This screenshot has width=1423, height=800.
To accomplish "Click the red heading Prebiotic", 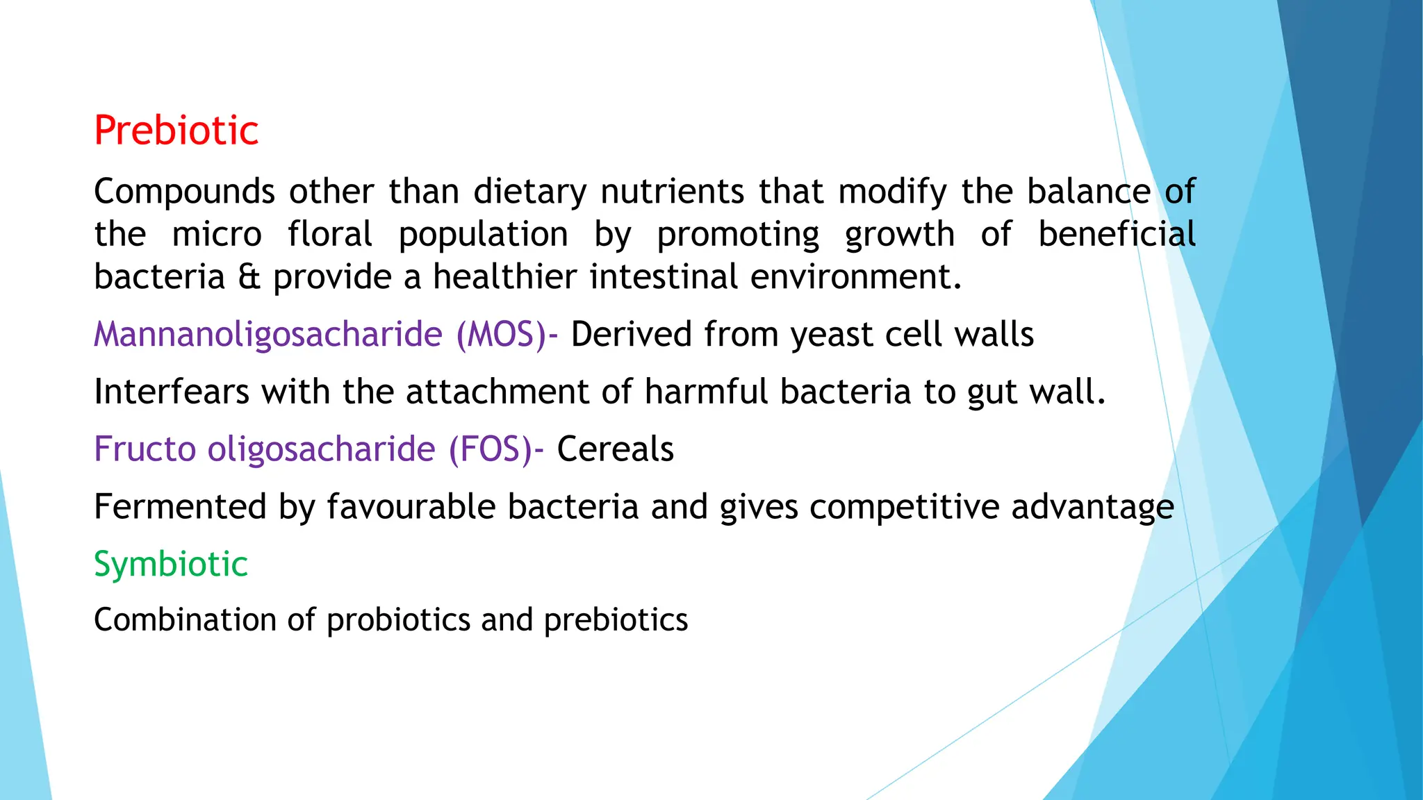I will click(176, 131).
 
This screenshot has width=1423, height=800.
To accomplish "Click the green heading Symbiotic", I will click(171, 564).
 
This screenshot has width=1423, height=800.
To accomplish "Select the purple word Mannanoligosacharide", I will click(268, 335).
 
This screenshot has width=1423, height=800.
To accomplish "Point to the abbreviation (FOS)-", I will click(496, 449).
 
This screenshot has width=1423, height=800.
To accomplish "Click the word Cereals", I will click(615, 449).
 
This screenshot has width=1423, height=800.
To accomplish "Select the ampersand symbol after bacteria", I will click(249, 277).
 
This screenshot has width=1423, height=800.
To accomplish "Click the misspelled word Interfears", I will click(172, 392).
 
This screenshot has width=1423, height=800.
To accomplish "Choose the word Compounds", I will click(184, 192).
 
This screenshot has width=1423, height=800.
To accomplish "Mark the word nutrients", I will click(673, 192).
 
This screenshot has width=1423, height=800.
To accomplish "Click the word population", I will click(483, 235).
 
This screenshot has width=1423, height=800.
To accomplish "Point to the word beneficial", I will click(1117, 235).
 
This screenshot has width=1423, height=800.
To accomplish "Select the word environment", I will click(855, 277).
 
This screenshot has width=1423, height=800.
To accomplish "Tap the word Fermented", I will click(180, 507).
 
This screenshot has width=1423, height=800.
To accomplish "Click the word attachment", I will click(497, 392).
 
